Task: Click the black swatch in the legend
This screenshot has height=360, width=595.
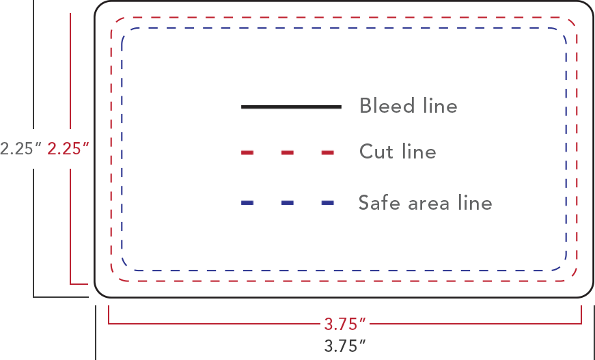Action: click(x=291, y=116)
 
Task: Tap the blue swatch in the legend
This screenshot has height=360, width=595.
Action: click(x=291, y=191)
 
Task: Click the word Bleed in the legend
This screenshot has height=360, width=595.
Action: click(x=387, y=106)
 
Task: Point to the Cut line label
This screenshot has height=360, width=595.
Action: click(x=398, y=151)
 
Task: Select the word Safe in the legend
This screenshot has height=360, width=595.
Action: click(x=380, y=203)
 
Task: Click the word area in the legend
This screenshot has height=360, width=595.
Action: click(x=430, y=203)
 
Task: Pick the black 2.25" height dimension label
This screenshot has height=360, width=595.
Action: click(x=21, y=148)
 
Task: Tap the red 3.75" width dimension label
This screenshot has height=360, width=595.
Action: click(x=345, y=324)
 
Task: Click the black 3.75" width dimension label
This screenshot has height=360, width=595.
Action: click(x=345, y=346)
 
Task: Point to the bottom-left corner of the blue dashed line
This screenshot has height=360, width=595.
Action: click(x=126, y=266)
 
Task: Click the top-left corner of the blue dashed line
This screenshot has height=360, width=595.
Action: click(x=126, y=32)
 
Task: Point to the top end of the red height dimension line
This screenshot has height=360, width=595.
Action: click(x=70, y=14)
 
